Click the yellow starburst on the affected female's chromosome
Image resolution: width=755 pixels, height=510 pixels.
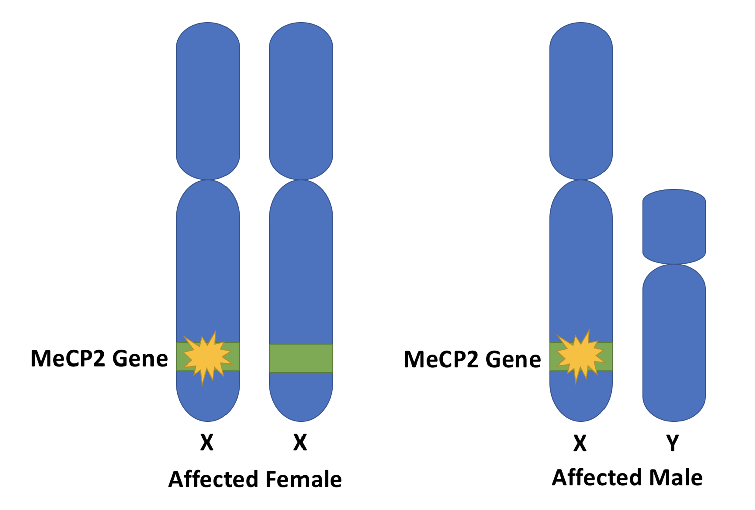click(207, 356)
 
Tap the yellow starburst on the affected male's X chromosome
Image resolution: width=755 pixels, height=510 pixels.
click(580, 356)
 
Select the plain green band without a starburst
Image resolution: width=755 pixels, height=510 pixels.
click(301, 358)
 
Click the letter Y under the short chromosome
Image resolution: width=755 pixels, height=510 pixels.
click(673, 443)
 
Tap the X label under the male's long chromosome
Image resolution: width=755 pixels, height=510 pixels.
click(580, 443)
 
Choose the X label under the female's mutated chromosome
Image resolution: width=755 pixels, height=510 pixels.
click(207, 443)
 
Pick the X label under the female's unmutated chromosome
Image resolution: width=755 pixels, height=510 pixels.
click(300, 443)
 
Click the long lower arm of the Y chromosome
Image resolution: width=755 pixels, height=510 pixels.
click(674, 342)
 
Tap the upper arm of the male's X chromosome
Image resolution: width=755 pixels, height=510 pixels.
click(581, 101)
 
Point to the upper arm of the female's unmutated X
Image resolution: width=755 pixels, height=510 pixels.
click(301, 101)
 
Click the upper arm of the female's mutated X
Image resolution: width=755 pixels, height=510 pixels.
click(208, 101)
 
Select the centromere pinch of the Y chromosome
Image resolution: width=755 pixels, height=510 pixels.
click(674, 263)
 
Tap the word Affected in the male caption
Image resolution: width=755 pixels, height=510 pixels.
click(597, 477)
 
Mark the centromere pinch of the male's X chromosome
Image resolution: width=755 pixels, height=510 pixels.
click(581, 179)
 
